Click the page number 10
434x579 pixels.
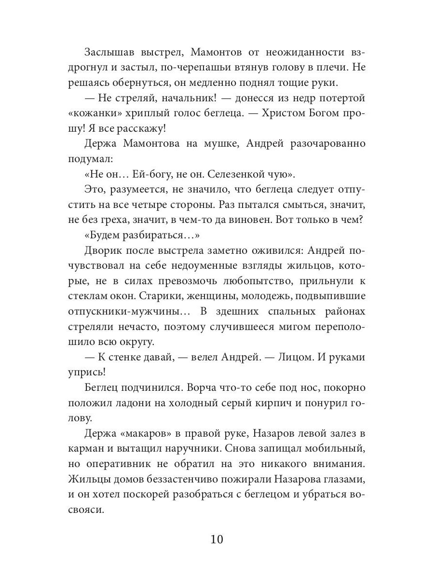pos(217,539)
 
